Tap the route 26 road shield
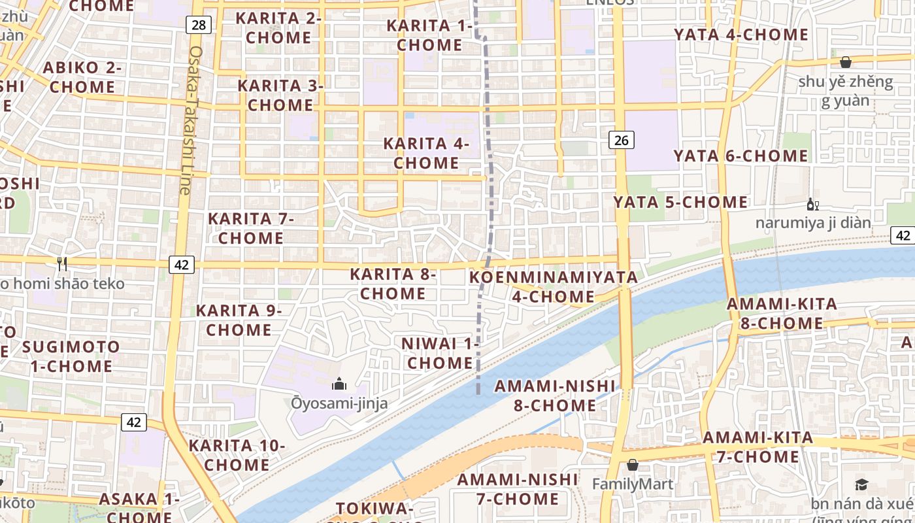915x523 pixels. (622, 139)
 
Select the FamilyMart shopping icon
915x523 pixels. (632, 465)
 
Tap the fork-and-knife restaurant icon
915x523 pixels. (62, 263)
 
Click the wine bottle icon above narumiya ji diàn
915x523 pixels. (812, 205)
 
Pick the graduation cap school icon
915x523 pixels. (861, 484)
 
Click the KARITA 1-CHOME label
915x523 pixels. (429, 35)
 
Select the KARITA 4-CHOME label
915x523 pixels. (426, 153)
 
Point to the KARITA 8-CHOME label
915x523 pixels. (393, 284)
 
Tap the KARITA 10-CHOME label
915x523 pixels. (237, 455)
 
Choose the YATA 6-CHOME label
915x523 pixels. (741, 156)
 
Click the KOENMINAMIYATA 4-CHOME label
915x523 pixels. (554, 286)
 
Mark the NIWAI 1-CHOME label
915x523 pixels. (440, 353)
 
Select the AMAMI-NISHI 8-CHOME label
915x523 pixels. (555, 395)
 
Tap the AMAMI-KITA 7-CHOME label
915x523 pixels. (758, 447)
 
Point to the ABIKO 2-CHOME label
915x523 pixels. (82, 77)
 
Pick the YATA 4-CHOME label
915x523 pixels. (741, 34)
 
